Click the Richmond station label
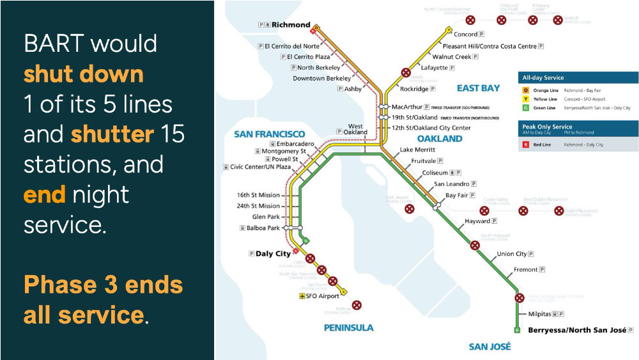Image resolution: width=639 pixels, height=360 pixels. pyautogui.click(x=291, y=25)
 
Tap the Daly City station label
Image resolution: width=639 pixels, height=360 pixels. pyautogui.click(x=273, y=254)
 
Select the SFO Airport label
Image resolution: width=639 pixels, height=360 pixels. pyautogui.click(x=323, y=296)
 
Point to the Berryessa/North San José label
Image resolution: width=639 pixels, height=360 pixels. pyautogui.click(x=578, y=331)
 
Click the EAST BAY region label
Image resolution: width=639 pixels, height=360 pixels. pyautogui.click(x=478, y=88)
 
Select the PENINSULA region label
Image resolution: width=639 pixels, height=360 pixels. pyautogui.click(x=348, y=327)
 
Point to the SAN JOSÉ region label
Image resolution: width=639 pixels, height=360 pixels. pyautogui.click(x=490, y=347)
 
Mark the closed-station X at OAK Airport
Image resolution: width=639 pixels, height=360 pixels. pyautogui.click(x=410, y=208)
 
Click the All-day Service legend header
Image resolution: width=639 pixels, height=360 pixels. pyautogui.click(x=543, y=77)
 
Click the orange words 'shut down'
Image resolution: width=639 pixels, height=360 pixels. pyautogui.click(x=84, y=74)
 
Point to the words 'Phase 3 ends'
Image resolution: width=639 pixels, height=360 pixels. pyautogui.click(x=104, y=285)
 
